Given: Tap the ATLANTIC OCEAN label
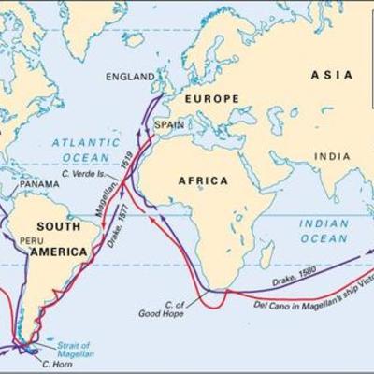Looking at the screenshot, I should point(79,150).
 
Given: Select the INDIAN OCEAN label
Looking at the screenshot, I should point(324,231).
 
